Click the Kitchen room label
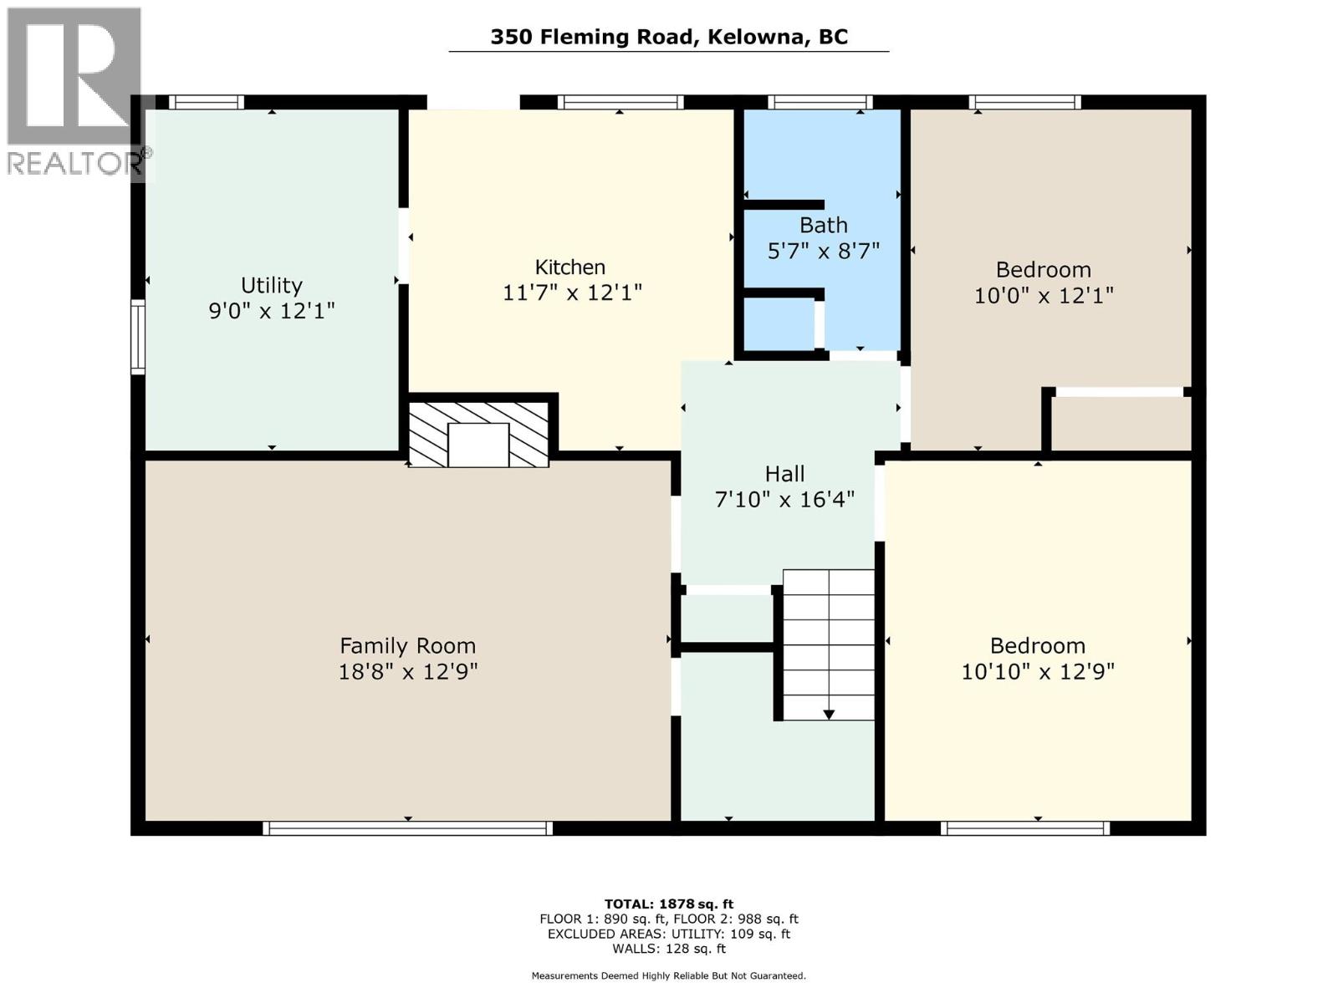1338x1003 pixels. (570, 267)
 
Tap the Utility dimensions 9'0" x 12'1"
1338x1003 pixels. (272, 311)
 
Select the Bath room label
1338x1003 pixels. (823, 225)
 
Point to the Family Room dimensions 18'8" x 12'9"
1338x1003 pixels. (407, 672)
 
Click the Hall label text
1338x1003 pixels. (784, 474)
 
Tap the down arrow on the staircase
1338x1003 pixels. (829, 714)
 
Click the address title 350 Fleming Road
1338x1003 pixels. (668, 37)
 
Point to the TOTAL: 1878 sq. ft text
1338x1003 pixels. (668, 904)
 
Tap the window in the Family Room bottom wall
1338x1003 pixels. (407, 828)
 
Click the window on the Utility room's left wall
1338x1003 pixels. (138, 337)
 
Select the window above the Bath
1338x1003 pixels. (820, 103)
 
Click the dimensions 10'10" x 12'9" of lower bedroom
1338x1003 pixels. (1037, 672)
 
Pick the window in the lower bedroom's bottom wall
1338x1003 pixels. (1024, 828)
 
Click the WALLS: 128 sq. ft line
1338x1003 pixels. (668, 949)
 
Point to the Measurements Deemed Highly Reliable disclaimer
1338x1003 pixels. (668, 975)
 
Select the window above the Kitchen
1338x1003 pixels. (620, 103)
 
